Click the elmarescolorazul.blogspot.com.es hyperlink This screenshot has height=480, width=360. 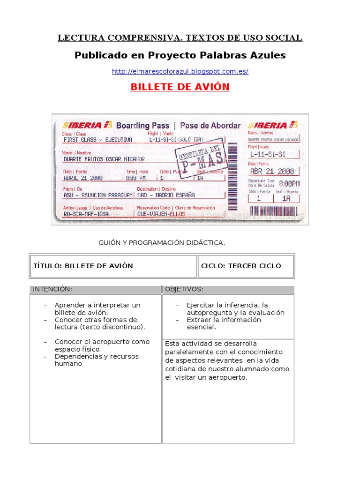point(180,72)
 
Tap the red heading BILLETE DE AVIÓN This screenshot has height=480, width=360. point(180,87)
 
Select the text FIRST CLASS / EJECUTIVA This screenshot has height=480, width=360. point(97,140)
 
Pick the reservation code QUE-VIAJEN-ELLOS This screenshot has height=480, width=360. point(161,214)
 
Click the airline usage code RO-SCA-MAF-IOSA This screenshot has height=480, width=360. point(86,214)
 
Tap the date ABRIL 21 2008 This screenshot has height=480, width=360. point(83,178)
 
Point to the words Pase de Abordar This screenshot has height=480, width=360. point(210,126)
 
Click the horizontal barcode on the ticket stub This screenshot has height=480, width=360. point(277,211)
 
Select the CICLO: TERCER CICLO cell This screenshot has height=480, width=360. point(246,266)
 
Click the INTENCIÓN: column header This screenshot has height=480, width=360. point(96,289)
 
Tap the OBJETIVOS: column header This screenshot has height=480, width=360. point(228,289)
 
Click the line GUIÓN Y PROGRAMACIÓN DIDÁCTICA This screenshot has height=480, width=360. point(162,243)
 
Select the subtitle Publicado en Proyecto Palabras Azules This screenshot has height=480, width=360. point(180,55)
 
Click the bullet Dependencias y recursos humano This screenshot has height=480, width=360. point(96,360)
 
